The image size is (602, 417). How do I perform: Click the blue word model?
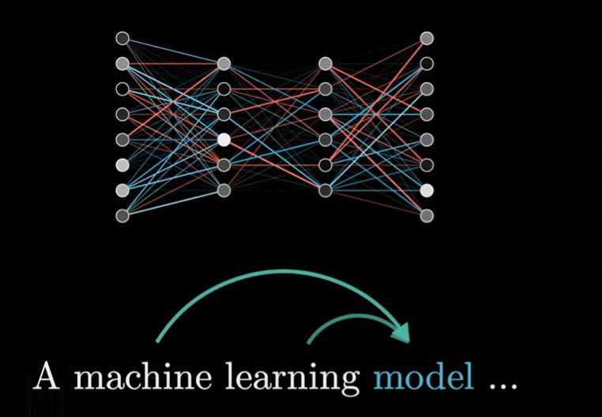click(423, 378)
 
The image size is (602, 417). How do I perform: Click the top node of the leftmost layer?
click(122, 38)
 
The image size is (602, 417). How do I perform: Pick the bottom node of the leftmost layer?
click(122, 215)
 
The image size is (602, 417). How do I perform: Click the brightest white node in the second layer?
click(224, 139)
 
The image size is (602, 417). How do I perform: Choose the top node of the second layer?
click(224, 63)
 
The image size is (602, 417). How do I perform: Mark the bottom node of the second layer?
click(224, 190)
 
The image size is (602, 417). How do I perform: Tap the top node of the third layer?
click(325, 63)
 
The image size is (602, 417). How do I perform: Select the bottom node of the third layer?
click(325, 190)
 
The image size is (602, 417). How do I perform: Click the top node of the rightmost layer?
click(427, 38)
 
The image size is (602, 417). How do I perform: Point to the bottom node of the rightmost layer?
click(427, 215)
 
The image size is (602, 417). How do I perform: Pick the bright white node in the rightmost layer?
click(427, 190)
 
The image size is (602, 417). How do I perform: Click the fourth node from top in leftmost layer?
click(122, 114)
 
